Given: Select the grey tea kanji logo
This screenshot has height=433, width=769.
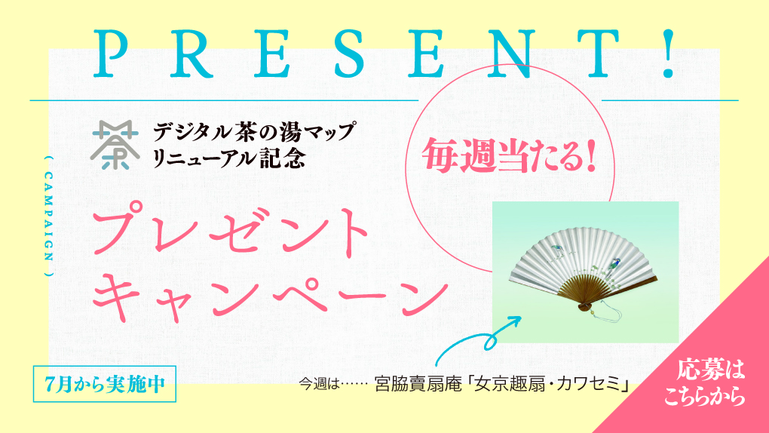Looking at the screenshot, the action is (115, 145).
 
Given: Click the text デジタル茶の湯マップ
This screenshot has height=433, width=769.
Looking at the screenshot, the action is (253, 131).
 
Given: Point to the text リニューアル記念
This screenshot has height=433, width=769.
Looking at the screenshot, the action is (229, 158).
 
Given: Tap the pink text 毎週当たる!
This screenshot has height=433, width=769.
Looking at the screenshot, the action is (509, 155).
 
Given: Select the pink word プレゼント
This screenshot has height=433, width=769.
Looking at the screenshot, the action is (230, 232).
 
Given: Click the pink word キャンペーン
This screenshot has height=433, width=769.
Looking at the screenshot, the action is (271, 293).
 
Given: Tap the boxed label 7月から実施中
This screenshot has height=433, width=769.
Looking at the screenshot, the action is (105, 384).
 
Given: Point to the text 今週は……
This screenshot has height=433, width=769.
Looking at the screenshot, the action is (333, 383).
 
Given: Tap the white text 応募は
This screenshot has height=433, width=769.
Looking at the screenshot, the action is (710, 370).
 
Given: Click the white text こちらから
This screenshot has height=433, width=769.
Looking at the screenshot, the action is (704, 397).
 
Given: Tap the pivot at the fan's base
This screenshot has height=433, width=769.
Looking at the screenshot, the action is (584, 306).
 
